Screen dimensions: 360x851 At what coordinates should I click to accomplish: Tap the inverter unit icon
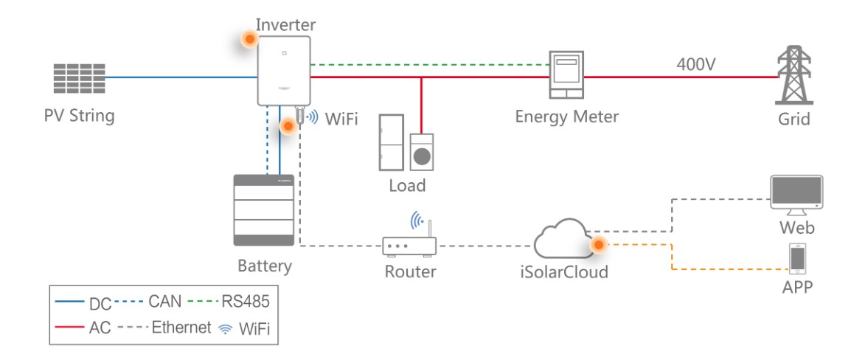pos(283,72)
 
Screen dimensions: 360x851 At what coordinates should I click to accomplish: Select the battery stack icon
pos(263,211)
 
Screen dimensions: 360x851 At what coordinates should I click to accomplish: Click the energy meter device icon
pos(566,75)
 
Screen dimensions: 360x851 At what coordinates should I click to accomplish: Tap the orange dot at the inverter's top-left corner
pos(250,39)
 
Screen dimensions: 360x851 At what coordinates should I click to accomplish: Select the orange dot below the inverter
pos(288,127)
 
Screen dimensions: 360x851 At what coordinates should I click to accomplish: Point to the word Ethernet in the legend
pos(182,328)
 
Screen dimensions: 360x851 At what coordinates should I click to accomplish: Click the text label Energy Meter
pos(566,116)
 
